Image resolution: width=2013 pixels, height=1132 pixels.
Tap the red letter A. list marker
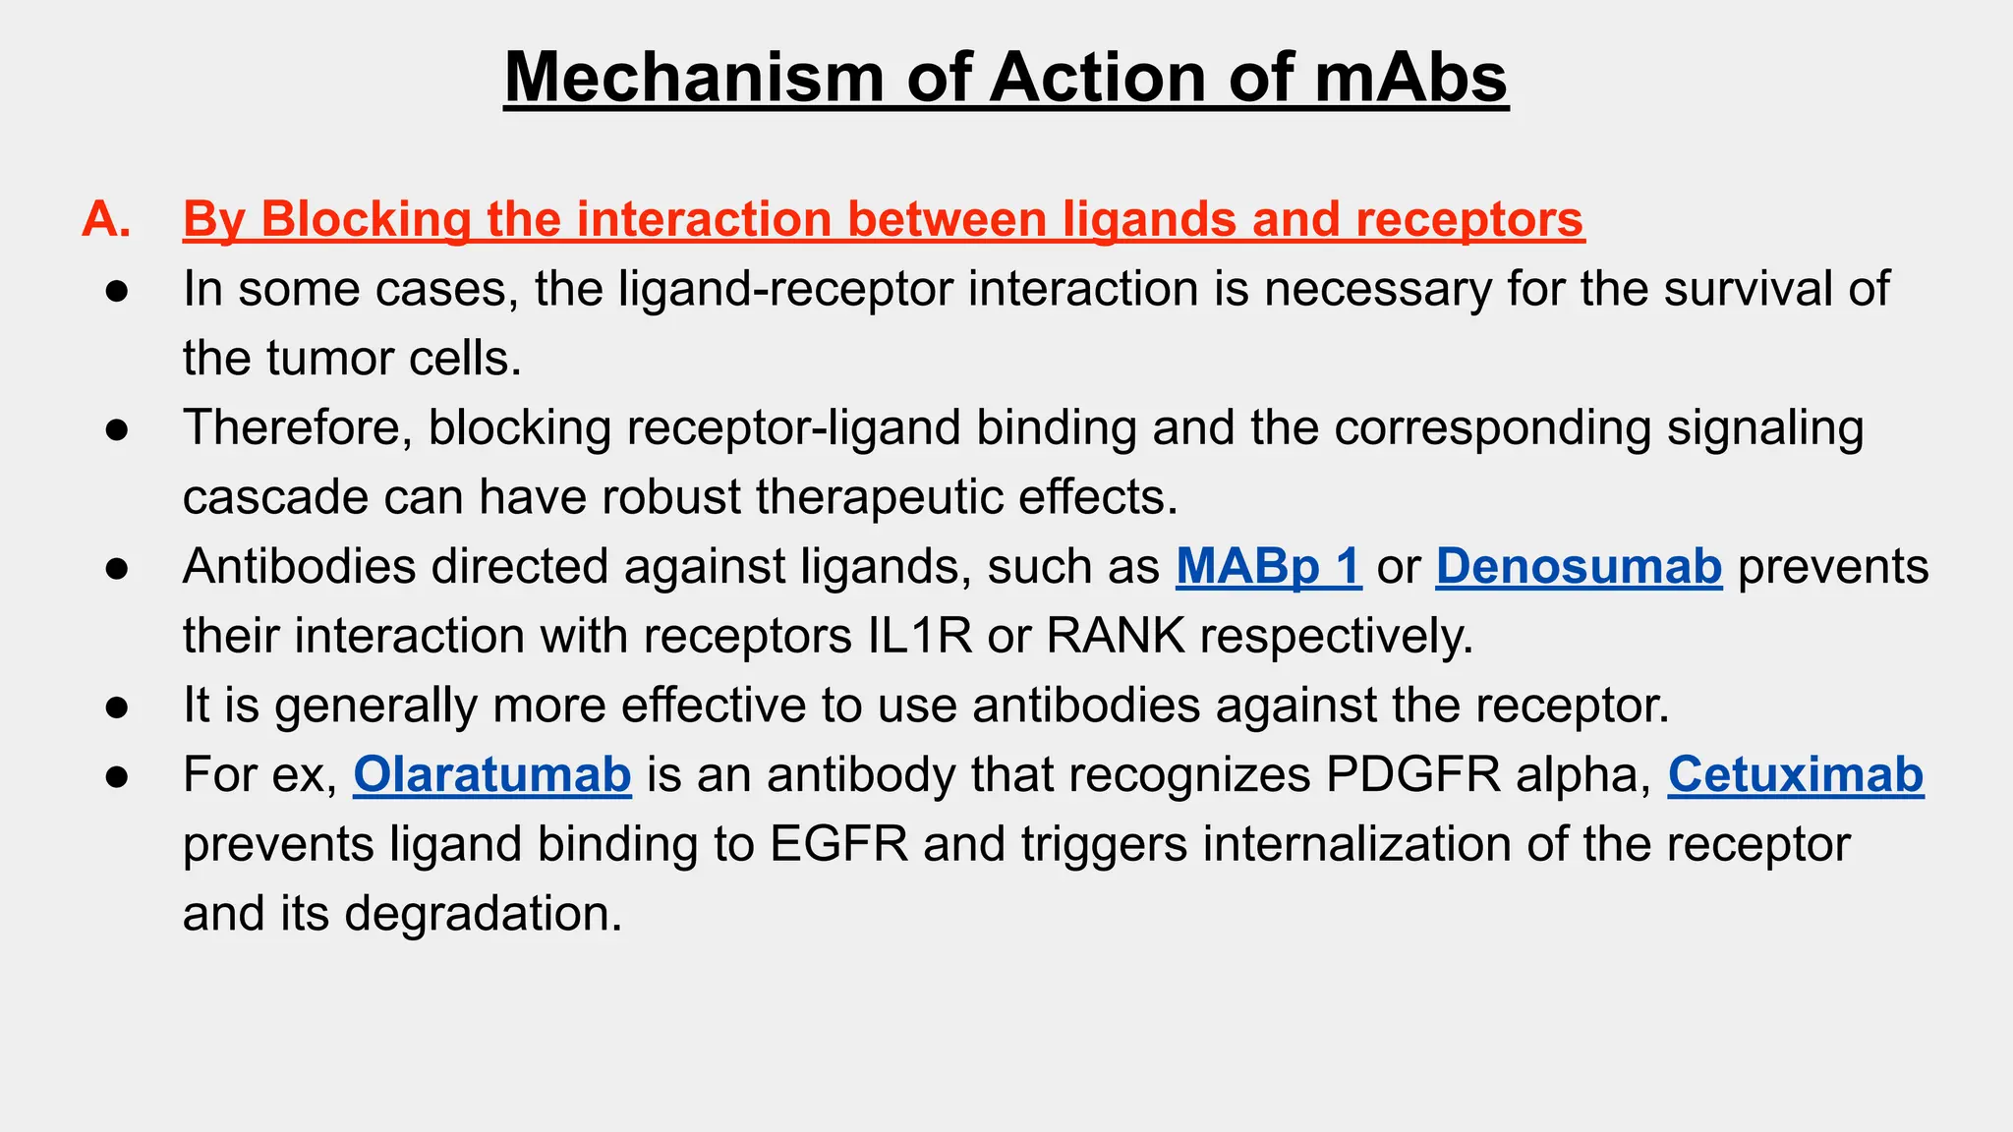pos(106,218)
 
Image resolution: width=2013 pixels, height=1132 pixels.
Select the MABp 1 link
pos(1268,567)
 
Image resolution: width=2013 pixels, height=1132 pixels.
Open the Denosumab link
pos(1579,567)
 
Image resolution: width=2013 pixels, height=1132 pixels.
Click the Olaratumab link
pos(491,775)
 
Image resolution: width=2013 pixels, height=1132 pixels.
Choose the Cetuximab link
pos(1795,775)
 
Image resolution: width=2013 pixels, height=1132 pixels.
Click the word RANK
pos(1116,637)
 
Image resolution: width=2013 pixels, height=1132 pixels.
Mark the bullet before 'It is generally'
pos(117,707)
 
